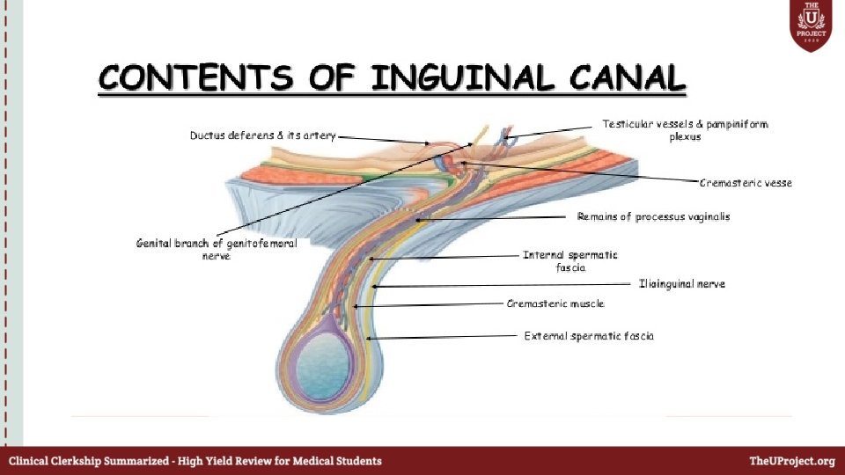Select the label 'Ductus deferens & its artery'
(x=263, y=135)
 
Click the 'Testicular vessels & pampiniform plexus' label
(x=684, y=130)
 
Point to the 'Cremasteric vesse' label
(x=746, y=183)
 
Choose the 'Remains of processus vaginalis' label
(x=653, y=216)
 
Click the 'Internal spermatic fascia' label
(x=569, y=261)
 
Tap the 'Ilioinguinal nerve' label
(x=682, y=284)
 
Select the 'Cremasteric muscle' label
(x=555, y=303)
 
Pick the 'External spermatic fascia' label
(x=589, y=336)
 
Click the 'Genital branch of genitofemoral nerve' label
(x=217, y=249)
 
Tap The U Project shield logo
(x=812, y=26)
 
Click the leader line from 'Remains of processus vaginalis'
(x=493, y=217)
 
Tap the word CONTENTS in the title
(x=195, y=78)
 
